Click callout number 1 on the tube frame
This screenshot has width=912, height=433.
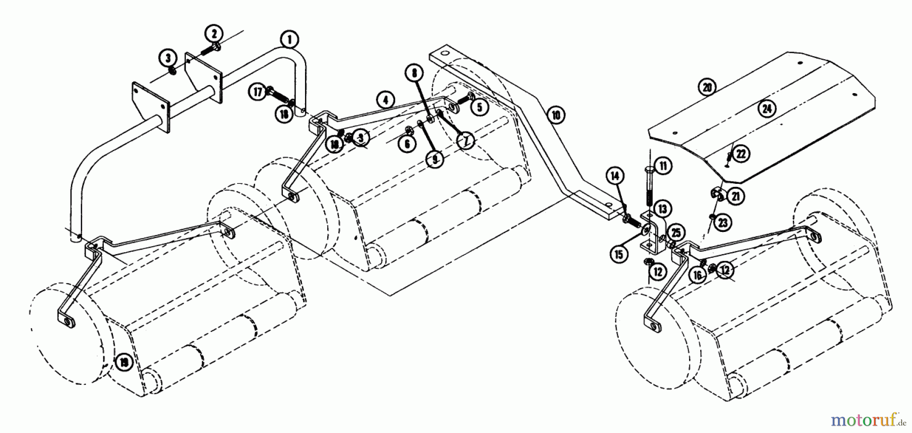[x=289, y=38]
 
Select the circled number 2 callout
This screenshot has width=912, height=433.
[x=214, y=34]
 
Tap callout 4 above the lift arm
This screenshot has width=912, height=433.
[x=386, y=100]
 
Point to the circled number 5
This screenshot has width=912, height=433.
[x=479, y=107]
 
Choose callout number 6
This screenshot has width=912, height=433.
[x=407, y=144]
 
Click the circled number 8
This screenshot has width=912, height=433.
[x=414, y=73]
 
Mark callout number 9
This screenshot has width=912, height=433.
[x=434, y=160]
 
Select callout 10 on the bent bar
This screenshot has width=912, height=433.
[x=556, y=115]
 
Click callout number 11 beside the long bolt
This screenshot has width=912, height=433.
[x=664, y=165]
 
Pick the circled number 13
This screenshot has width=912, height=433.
[x=662, y=208]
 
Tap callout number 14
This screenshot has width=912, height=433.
[x=615, y=176]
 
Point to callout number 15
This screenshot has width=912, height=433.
[x=619, y=254]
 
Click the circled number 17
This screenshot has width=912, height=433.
[x=258, y=92]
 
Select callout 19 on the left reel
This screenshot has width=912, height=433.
[x=123, y=362]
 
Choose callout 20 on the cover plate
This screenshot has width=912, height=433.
[x=707, y=87]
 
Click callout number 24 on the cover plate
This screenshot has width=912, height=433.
[x=767, y=108]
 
